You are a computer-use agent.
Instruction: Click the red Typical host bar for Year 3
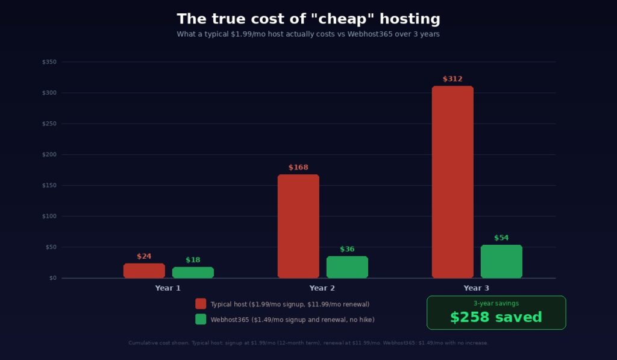point(453,182)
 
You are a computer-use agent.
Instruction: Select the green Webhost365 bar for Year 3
point(501,261)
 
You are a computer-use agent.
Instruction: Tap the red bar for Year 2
point(298,226)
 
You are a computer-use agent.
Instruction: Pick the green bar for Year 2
point(347,267)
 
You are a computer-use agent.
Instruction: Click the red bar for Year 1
point(144,271)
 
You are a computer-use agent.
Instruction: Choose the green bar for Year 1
point(193,273)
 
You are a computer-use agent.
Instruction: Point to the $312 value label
point(453,79)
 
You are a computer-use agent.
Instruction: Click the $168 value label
point(298,167)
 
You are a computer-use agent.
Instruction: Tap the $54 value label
point(501,238)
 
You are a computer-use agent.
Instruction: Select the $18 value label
point(193,260)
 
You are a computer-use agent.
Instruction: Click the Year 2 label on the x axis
point(322,288)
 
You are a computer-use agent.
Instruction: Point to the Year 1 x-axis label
point(168,288)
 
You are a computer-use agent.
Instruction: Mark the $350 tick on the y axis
point(49,62)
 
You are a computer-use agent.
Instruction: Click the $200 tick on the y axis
point(49,154)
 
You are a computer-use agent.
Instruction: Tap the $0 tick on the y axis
point(52,278)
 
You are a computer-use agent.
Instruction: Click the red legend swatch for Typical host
point(201,304)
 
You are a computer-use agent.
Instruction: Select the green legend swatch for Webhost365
point(201,319)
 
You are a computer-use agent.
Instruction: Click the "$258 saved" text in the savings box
point(496,317)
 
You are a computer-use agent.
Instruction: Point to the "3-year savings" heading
point(496,303)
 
